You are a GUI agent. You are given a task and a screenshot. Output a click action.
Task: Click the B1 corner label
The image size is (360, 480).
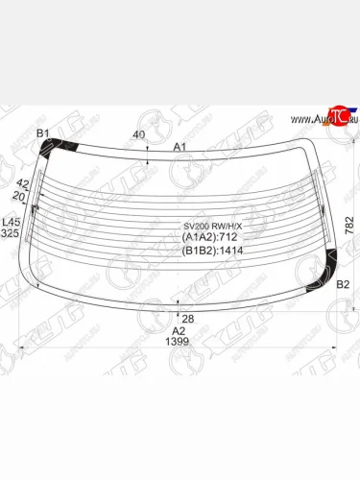tap(43, 132)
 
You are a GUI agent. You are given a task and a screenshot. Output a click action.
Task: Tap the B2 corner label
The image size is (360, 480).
tap(343, 284)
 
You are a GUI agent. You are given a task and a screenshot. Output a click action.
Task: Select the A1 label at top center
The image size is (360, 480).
tap(180, 147)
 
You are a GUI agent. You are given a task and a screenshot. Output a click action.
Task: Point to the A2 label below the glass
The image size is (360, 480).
tap(179, 330)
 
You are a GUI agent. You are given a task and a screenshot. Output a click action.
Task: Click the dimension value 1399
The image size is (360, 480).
tap(179, 343)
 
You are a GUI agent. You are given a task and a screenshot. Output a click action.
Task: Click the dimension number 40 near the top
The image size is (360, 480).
tap(140, 135)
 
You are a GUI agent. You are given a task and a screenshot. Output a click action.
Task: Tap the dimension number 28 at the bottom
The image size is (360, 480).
tap(189, 318)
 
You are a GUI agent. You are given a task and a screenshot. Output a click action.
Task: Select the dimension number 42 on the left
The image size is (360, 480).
tap(23, 183)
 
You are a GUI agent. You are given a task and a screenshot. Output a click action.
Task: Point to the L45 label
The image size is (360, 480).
tap(10, 222)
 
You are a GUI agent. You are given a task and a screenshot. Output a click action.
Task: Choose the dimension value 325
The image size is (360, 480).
tap(10, 234)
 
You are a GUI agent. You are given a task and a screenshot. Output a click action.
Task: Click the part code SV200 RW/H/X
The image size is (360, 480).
tap(213, 228)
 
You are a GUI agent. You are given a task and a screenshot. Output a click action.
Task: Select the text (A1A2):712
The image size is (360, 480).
tap(209, 239)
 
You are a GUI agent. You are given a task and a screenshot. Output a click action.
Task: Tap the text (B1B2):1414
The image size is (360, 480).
tap(212, 252)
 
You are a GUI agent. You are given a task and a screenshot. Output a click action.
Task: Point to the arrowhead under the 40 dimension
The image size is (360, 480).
tap(146, 161)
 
